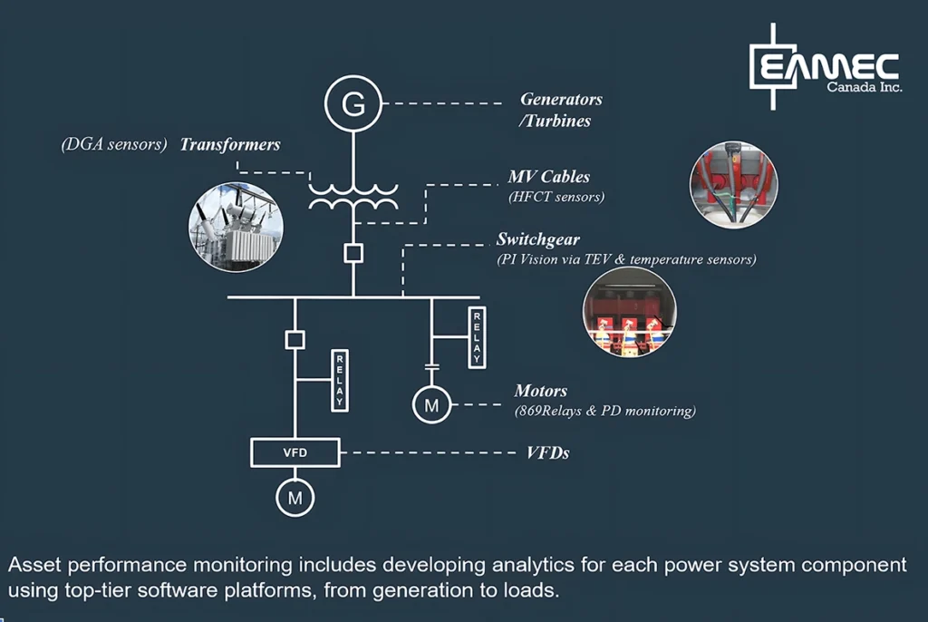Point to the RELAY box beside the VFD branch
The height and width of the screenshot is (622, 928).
click(x=340, y=380)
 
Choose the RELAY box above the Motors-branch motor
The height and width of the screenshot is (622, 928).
click(x=477, y=337)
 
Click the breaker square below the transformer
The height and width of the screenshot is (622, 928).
click(x=353, y=254)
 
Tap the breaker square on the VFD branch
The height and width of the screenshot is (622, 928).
click(x=295, y=340)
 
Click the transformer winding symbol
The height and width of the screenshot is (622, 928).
click(x=353, y=198)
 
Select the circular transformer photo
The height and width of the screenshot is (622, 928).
click(x=236, y=228)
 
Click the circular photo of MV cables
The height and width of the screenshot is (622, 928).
click(x=734, y=184)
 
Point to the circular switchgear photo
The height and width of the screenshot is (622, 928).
click(x=629, y=312)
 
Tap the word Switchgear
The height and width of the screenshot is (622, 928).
click(x=538, y=239)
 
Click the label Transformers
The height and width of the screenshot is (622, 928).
click(x=230, y=144)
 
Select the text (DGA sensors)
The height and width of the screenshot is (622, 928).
click(x=114, y=144)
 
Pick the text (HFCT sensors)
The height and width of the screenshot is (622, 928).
click(x=556, y=197)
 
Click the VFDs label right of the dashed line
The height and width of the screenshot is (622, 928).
click(x=547, y=453)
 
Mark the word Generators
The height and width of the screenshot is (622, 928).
click(x=561, y=99)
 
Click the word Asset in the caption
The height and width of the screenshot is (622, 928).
click(x=34, y=565)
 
